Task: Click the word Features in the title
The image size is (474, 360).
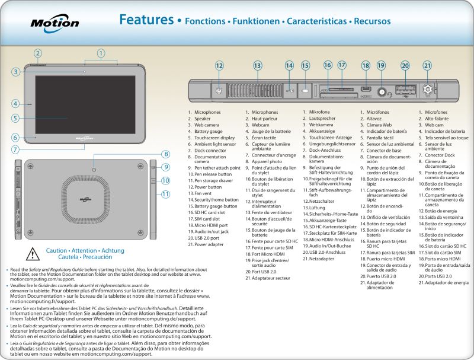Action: point(146,20)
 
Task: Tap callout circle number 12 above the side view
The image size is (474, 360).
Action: point(219,65)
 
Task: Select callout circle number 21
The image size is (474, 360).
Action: point(427,65)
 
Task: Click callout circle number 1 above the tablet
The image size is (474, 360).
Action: point(101,53)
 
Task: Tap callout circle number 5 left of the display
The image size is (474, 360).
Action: point(16,117)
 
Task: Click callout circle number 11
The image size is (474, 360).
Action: point(166,193)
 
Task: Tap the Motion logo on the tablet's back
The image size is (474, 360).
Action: point(95,196)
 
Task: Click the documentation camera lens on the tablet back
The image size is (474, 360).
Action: point(95,170)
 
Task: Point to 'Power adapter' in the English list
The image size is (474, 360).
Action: point(209,244)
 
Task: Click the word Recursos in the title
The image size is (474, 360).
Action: point(372,21)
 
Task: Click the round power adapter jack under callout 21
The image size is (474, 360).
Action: point(427,91)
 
